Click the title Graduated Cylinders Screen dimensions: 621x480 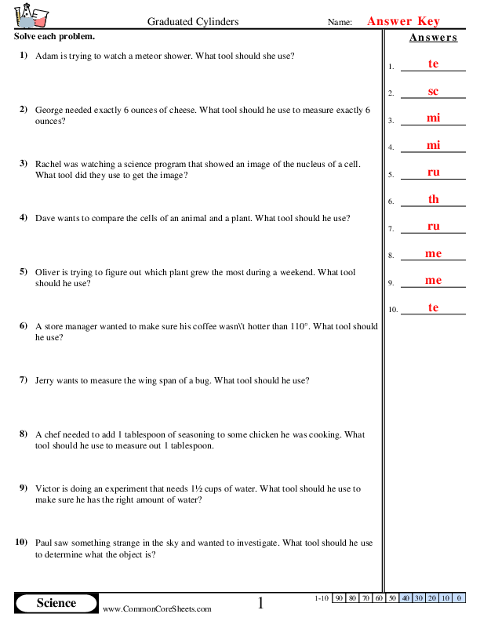(193, 22)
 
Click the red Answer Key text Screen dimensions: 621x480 (403, 22)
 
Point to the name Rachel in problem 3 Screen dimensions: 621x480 (50, 164)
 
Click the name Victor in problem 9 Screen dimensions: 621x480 (49, 488)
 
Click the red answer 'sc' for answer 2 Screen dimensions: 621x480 (433, 92)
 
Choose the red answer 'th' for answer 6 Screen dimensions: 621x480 (433, 199)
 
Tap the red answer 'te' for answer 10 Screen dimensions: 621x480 (433, 307)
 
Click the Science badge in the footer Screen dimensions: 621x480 (56, 603)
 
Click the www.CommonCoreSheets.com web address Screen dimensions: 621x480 (157, 608)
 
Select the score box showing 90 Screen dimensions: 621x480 (340, 598)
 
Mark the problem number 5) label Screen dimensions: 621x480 (23, 272)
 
